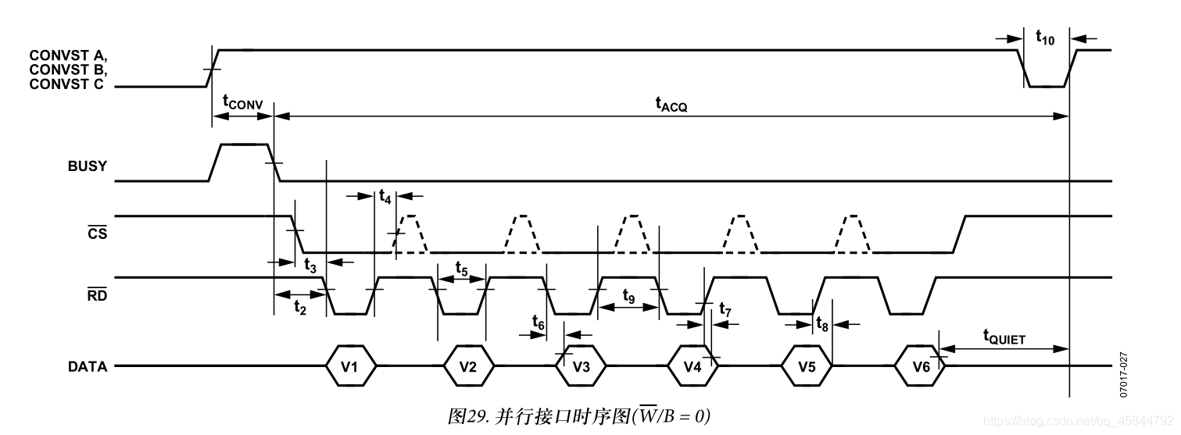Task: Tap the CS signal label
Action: click(97, 233)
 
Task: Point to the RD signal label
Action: click(97, 294)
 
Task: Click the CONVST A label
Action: click(68, 55)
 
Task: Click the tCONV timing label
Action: click(242, 102)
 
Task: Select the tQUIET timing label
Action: click(1004, 337)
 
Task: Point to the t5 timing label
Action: click(461, 271)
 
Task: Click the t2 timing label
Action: click(299, 308)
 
